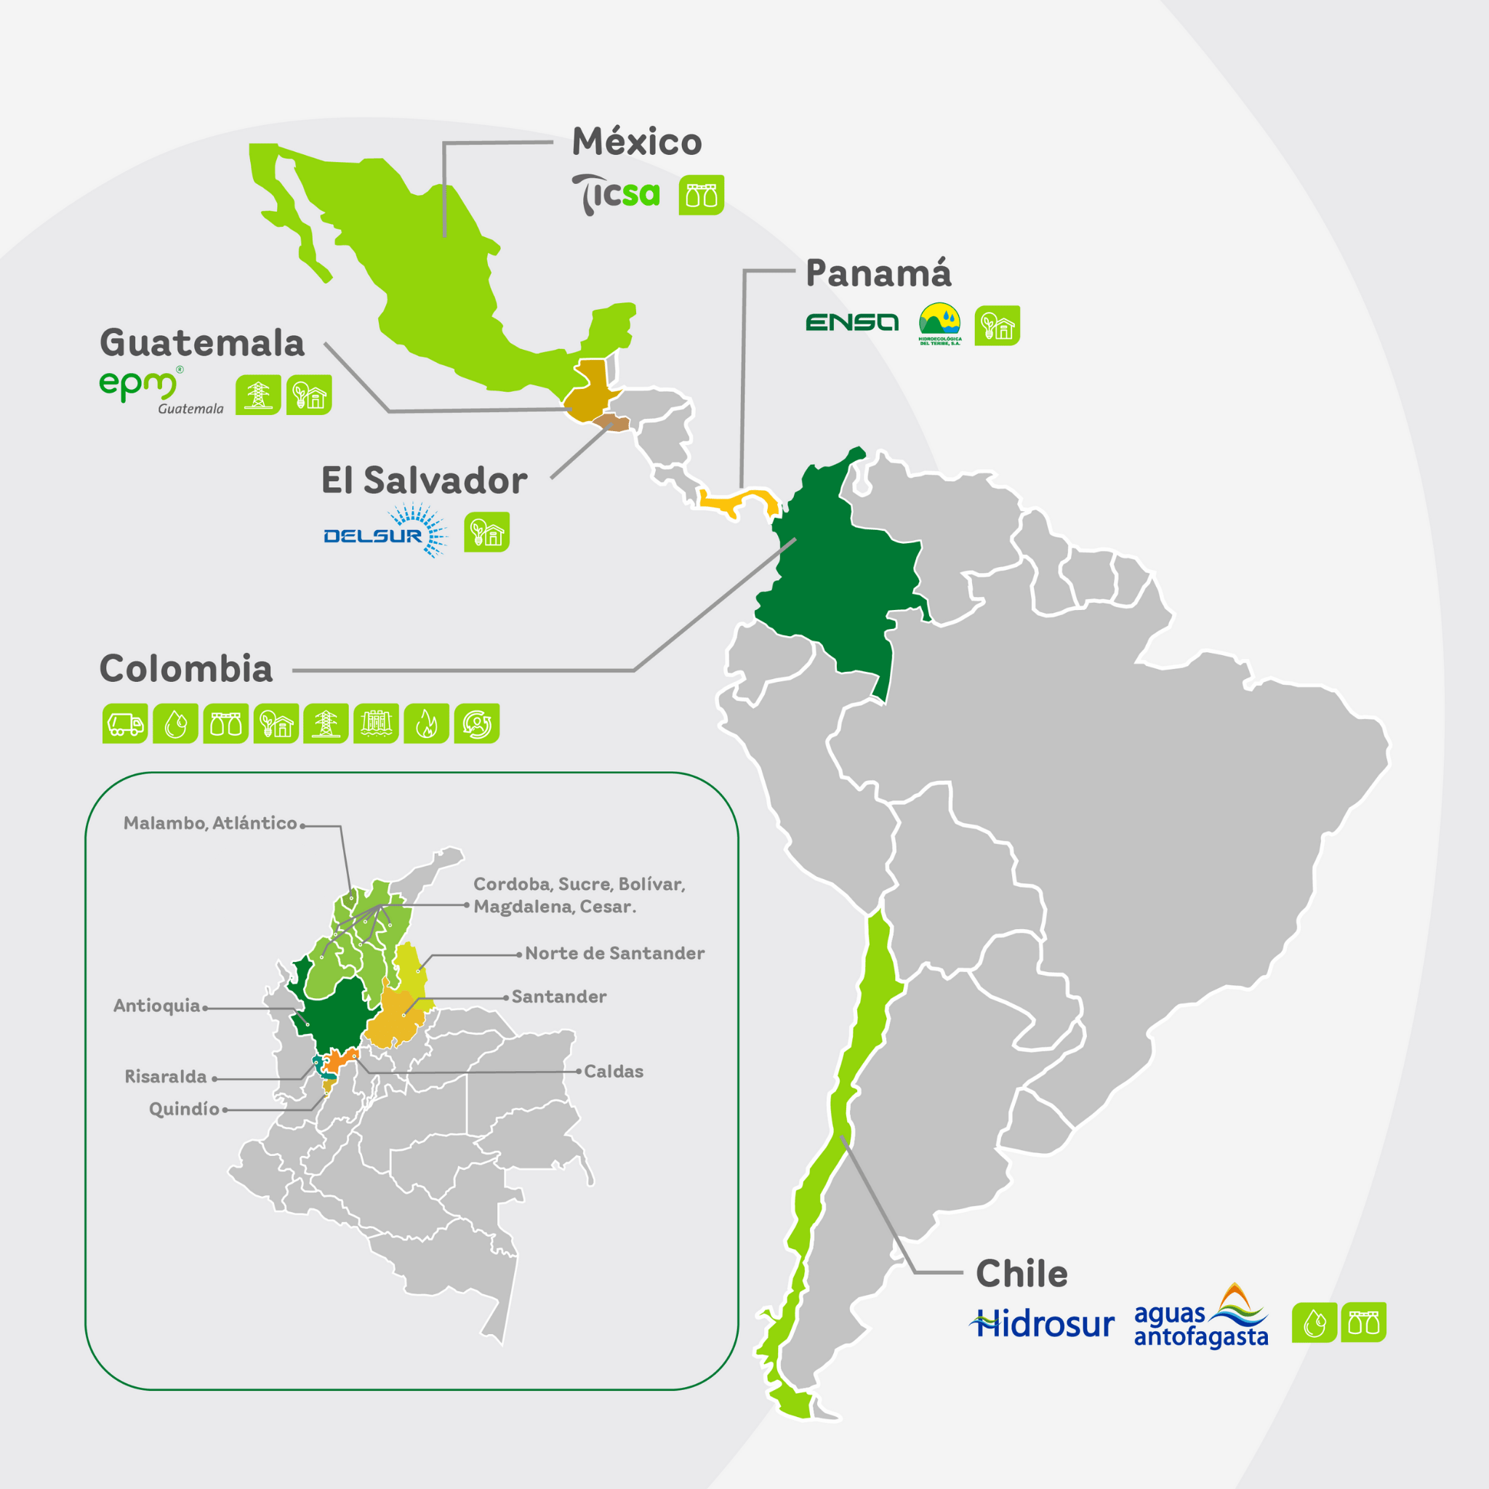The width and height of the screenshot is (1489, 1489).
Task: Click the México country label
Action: (x=637, y=142)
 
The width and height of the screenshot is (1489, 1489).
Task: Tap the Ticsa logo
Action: (x=616, y=194)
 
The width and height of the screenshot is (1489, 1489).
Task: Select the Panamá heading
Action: (x=878, y=273)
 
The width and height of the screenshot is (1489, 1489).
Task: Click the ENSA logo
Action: (x=851, y=322)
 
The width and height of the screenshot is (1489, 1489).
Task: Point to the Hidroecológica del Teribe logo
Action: (x=939, y=324)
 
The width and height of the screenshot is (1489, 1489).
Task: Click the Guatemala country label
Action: (x=202, y=343)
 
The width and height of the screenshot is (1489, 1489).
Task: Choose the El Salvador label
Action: (x=424, y=480)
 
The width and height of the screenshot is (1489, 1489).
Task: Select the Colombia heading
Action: (x=185, y=669)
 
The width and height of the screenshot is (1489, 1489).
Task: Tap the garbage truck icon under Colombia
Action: (x=125, y=723)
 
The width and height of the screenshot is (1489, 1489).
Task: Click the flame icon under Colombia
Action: (x=426, y=723)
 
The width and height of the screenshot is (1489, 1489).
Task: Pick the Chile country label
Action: (x=1022, y=1274)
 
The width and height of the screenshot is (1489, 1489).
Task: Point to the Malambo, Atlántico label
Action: (x=209, y=823)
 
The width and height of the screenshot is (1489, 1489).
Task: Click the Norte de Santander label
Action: (x=614, y=953)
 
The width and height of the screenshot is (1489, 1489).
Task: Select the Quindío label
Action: (x=184, y=1108)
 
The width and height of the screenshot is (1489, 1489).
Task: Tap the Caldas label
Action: (x=614, y=1071)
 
